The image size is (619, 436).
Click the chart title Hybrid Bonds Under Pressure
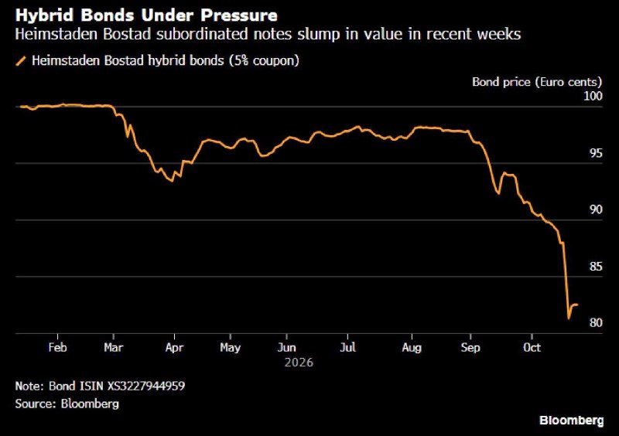tap(146, 15)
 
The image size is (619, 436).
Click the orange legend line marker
tap(21, 61)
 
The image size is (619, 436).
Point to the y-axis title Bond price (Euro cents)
tap(537, 82)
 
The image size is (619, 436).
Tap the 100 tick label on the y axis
tap(593, 96)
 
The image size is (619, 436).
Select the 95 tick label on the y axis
tap(596, 153)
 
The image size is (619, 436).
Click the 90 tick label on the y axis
tap(596, 209)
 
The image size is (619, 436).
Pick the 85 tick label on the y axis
tap(596, 267)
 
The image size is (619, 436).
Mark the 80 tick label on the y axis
tap(596, 323)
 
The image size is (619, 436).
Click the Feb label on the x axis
tap(57, 347)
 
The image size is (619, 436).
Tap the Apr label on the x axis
tap(175, 348)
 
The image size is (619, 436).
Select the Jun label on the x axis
tap(286, 347)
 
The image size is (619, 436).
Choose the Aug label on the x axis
tap(412, 348)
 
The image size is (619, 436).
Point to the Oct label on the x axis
tap(532, 347)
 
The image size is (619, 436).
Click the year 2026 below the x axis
tap(299, 363)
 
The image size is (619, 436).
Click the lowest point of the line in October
tap(569, 318)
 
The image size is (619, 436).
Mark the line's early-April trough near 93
tap(172, 181)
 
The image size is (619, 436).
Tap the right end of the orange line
tap(577, 305)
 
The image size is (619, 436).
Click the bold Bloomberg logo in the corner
tap(572, 421)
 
